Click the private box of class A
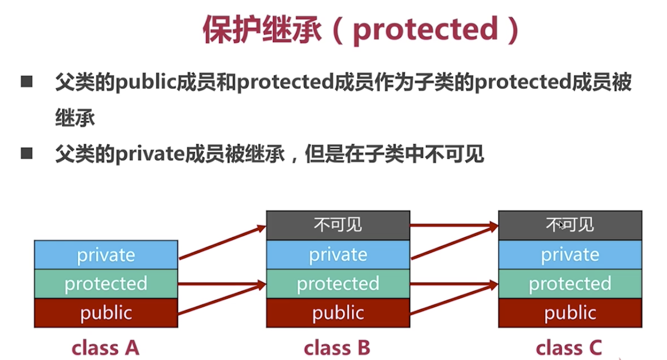[x=106, y=255]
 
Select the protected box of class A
[x=106, y=284]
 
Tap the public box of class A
[x=106, y=313]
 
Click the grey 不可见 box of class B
[x=338, y=225]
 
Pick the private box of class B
[x=338, y=255]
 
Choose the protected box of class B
[x=338, y=284]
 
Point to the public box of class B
[x=338, y=313]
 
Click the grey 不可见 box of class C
[x=570, y=225]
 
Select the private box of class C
[x=570, y=255]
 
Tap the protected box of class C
[x=570, y=284]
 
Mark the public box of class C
[x=570, y=313]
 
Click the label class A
[x=106, y=347]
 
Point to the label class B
[x=337, y=347]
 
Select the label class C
[x=569, y=347]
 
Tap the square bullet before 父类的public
[x=27, y=82]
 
